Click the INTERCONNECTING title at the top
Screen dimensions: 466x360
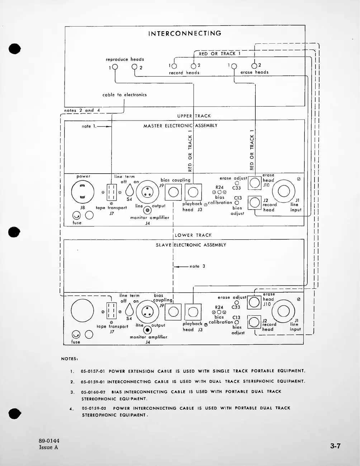coord(185,33)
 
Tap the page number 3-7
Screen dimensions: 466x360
coord(335,446)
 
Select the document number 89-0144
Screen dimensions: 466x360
coord(49,441)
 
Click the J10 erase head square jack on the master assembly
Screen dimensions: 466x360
coord(255,183)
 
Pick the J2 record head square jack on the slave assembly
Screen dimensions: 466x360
coord(255,322)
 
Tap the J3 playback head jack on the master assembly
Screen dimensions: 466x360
coord(193,193)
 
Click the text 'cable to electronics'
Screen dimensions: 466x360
coord(124,95)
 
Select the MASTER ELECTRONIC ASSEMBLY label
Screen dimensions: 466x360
coord(180,126)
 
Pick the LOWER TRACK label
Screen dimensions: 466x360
coord(193,235)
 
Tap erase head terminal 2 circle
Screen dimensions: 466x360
coord(254,66)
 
